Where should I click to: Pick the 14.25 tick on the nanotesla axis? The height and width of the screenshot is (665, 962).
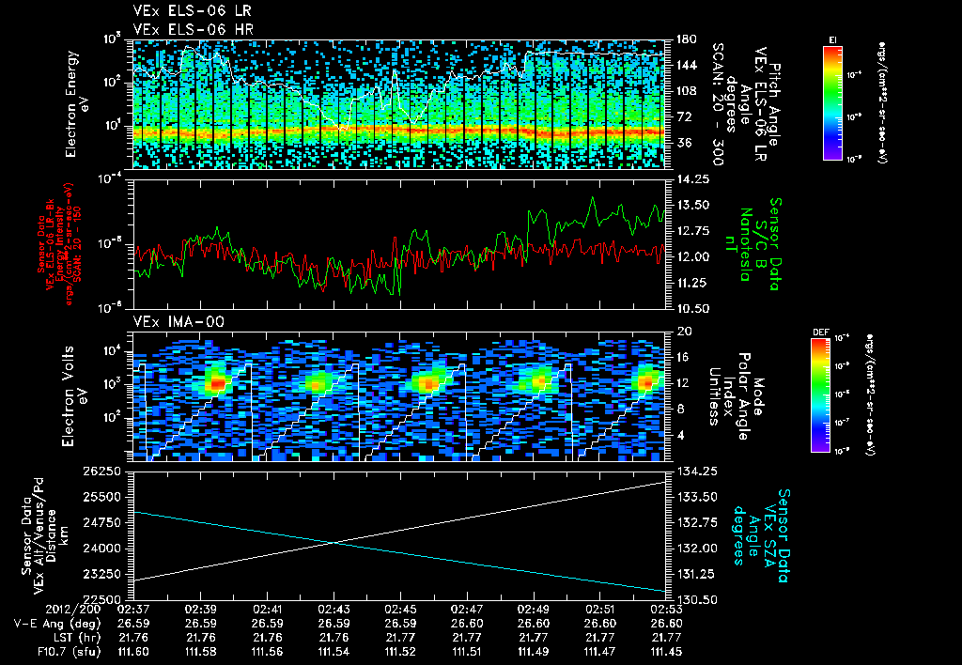click(693, 178)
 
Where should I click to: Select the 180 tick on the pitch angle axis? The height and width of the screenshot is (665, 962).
click(685, 39)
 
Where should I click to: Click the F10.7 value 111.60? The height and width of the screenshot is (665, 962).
click(134, 651)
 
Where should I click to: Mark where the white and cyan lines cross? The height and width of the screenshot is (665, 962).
click(334, 542)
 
